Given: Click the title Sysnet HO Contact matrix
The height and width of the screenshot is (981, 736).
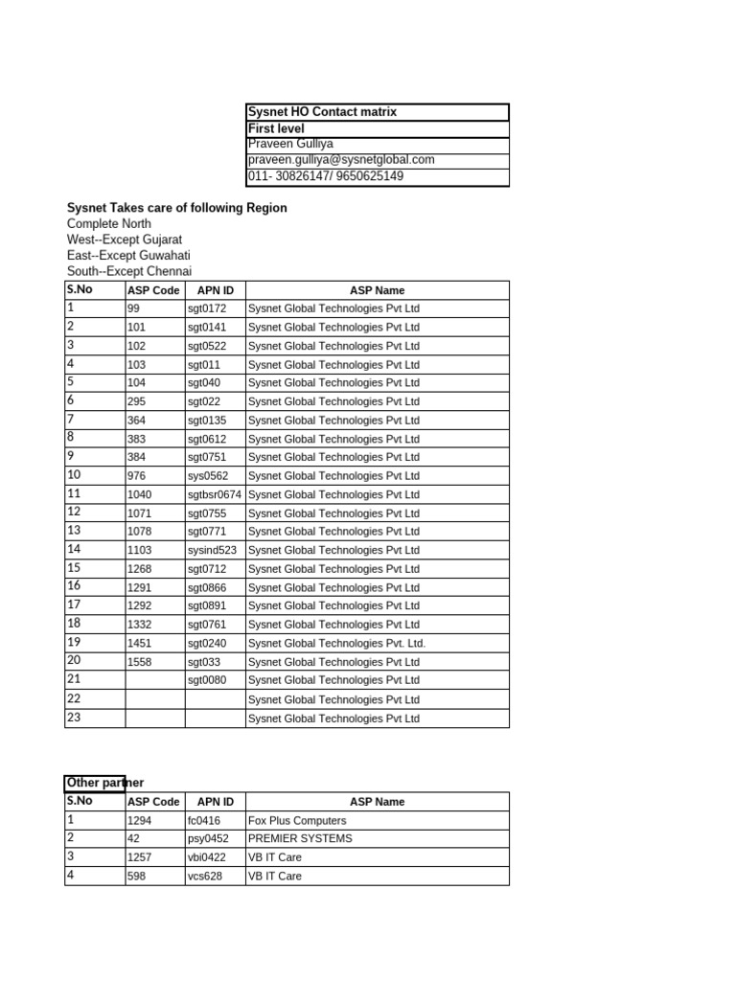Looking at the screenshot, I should (322, 112).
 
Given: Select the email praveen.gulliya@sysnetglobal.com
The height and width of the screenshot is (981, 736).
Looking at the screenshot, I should (341, 160).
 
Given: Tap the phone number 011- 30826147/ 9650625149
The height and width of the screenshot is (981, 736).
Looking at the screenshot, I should (326, 176).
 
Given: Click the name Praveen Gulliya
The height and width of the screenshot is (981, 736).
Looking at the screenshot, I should (290, 144).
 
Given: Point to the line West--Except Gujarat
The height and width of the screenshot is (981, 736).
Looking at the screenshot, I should (125, 240).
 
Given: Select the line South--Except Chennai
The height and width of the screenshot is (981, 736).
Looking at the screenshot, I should (129, 271).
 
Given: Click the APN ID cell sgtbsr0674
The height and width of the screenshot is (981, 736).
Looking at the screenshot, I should (215, 494).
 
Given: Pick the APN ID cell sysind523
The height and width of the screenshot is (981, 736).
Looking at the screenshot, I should (212, 551).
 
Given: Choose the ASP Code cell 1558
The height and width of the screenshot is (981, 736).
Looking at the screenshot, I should (140, 662).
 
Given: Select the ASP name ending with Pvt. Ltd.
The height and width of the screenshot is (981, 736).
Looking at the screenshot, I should (336, 644).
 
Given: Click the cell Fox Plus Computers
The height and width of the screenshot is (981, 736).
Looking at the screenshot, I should (297, 821).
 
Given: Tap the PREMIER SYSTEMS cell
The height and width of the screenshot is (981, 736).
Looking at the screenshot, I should (300, 838).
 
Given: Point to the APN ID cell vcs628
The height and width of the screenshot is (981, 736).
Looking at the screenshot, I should (204, 876).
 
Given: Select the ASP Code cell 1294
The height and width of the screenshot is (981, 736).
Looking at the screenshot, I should (140, 821).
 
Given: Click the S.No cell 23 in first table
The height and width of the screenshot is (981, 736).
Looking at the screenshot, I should (74, 718).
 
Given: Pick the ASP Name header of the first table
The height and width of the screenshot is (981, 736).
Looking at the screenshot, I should (377, 290).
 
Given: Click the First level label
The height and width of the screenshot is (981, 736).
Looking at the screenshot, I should (275, 128).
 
